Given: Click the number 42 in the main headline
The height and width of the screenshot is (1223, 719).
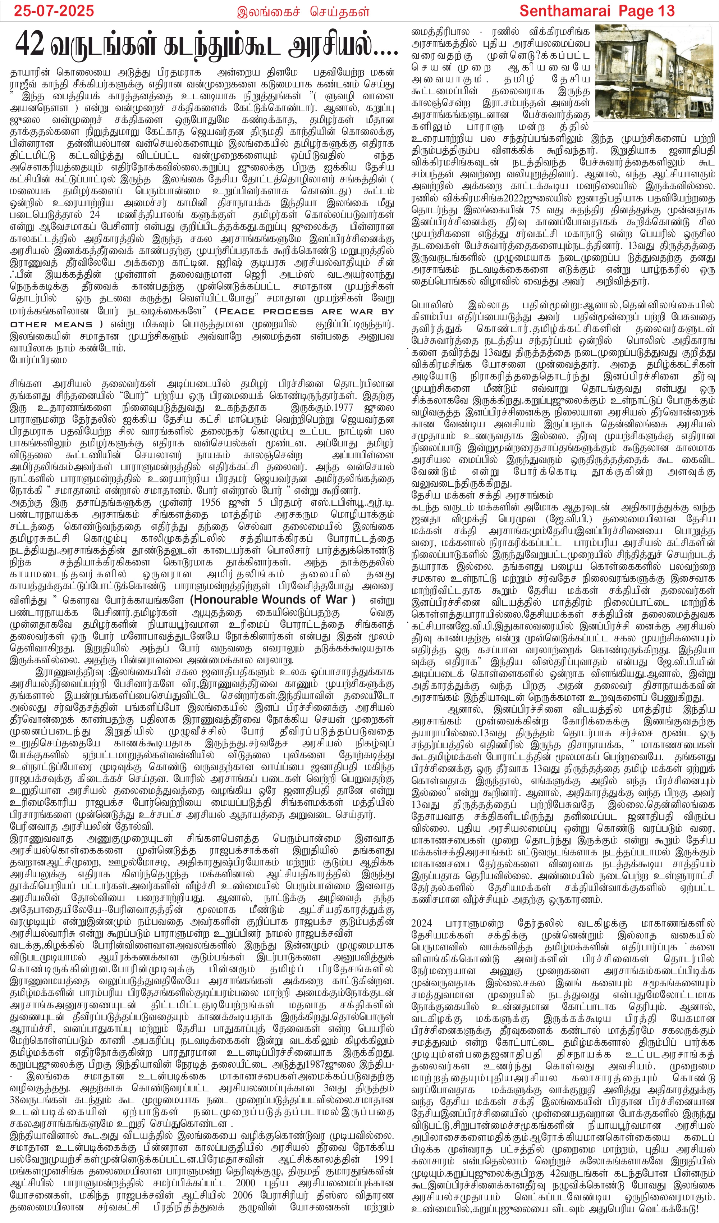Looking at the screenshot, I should (30, 46).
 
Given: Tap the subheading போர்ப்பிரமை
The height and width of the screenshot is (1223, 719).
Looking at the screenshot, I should (38, 360).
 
